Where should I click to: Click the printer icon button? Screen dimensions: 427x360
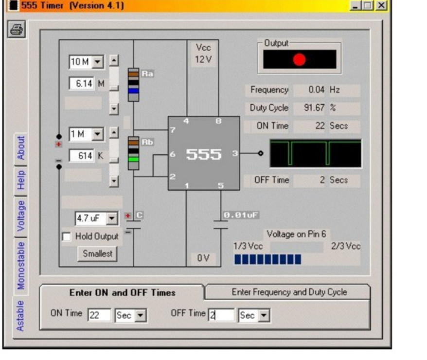click(17, 29)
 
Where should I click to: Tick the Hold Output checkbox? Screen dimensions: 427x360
click(67, 236)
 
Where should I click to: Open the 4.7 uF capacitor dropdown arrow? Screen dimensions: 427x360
click(112, 218)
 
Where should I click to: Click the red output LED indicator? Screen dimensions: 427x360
click(299, 60)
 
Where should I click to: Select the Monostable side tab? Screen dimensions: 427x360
click(21, 266)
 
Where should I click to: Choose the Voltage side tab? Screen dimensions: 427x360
click(21, 216)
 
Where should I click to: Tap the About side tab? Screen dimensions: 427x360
click(21, 148)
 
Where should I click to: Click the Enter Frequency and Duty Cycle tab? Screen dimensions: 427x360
click(289, 292)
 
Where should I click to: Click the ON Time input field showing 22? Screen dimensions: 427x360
click(99, 315)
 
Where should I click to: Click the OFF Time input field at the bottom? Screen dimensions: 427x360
click(221, 315)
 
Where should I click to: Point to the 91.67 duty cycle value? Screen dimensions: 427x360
click(314, 108)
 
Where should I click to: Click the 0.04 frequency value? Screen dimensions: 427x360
click(316, 90)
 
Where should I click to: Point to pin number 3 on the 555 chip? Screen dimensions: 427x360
click(235, 153)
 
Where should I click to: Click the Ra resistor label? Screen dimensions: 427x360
click(147, 74)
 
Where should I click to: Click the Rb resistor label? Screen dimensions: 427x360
click(147, 142)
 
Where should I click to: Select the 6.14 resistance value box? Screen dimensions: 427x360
click(82, 83)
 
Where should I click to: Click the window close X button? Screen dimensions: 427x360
click(381, 5)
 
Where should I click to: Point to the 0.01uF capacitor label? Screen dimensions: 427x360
click(241, 215)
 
